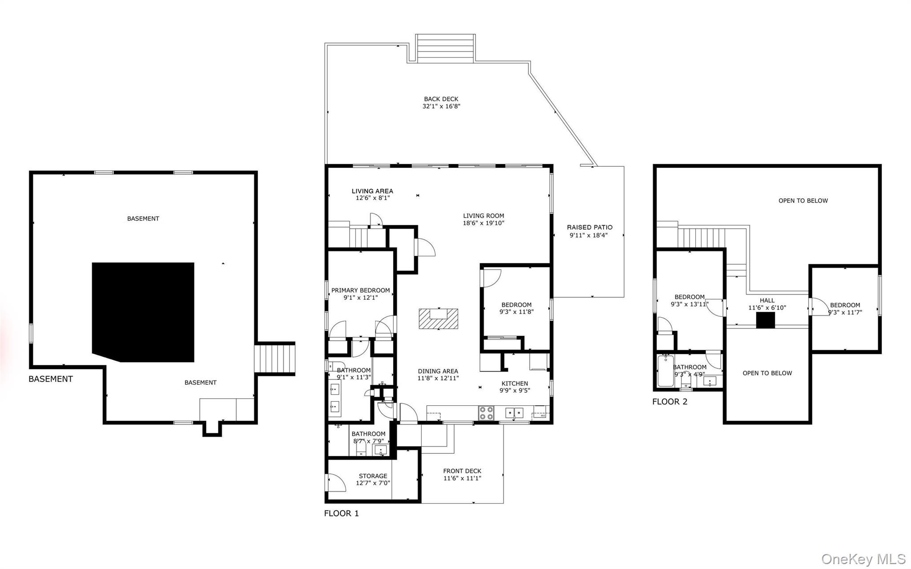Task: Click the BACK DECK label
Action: click(x=441, y=99)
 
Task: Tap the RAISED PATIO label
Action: click(x=589, y=227)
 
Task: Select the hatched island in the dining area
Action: click(x=438, y=319)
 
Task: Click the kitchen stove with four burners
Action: click(x=486, y=413)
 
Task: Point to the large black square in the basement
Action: click(x=143, y=312)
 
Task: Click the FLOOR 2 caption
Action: click(x=669, y=402)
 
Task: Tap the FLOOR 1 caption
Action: click(x=341, y=513)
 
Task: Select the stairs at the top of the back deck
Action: click(x=445, y=48)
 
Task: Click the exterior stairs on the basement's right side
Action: click(x=274, y=359)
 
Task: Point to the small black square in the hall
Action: click(x=766, y=320)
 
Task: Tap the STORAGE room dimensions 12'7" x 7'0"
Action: click(x=373, y=483)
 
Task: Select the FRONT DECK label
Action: click(x=462, y=471)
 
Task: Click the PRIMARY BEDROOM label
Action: click(x=360, y=291)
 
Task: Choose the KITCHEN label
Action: click(x=515, y=383)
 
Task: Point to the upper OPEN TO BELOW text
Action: click(x=803, y=201)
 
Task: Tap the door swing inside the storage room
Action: click(x=336, y=483)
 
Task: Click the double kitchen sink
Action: click(x=514, y=413)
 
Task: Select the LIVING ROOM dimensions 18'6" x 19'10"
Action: click(x=484, y=223)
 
